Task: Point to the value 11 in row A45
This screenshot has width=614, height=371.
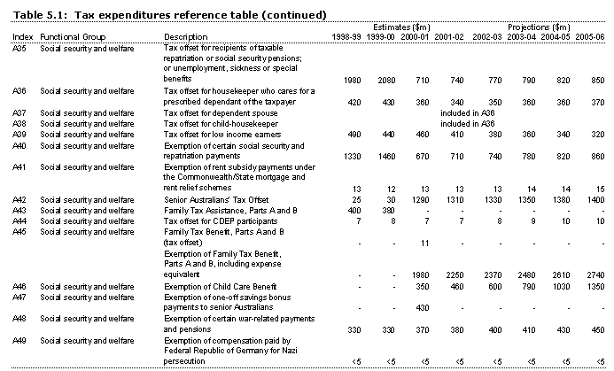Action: [408, 242]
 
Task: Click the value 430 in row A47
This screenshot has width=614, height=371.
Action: [407, 306]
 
